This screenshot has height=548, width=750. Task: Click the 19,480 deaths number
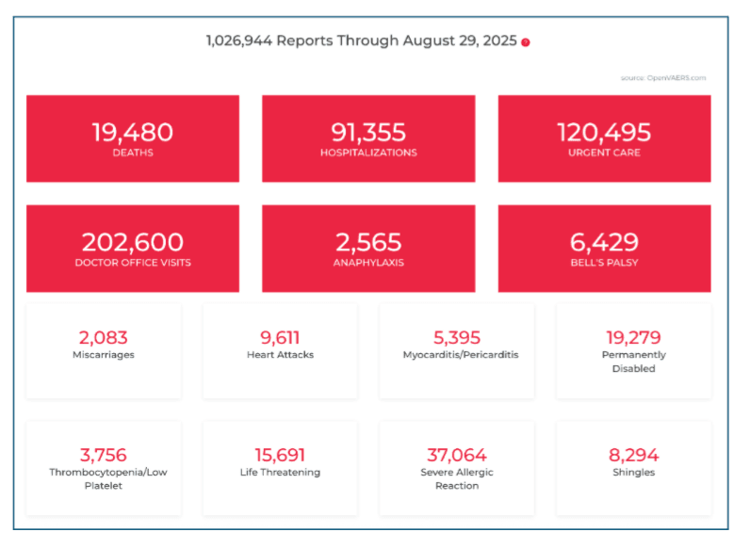tap(132, 133)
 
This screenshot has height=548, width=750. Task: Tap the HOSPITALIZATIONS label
tap(368, 153)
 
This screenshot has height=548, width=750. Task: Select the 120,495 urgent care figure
tap(604, 133)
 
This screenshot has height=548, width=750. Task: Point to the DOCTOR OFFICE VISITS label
tap(133, 263)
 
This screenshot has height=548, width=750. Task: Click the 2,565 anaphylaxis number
tap(367, 243)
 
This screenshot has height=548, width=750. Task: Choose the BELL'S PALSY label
tap(604, 263)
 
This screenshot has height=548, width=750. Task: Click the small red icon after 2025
tap(526, 42)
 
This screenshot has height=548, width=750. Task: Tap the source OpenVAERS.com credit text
tap(663, 78)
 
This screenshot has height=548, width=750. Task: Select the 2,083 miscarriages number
tap(104, 337)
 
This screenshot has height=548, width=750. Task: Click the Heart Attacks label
tap(280, 355)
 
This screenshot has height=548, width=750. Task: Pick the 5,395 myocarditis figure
tap(457, 337)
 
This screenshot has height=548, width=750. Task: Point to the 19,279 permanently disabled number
tap(633, 337)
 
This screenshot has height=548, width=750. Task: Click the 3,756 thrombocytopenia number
tap(104, 455)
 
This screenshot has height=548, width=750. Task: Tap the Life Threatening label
tap(280, 473)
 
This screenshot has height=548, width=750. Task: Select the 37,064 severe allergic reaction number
tap(457, 455)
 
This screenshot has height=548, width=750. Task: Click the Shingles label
tap(633, 473)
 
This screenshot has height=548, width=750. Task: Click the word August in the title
tap(431, 40)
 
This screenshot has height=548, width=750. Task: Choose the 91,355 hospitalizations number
tap(368, 133)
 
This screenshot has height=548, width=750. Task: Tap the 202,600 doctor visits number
tap(133, 243)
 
